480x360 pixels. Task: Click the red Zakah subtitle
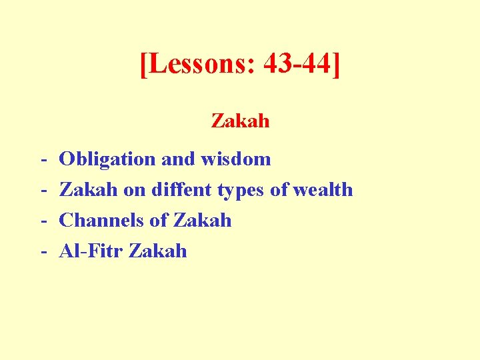(240, 121)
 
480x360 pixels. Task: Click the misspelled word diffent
(182, 189)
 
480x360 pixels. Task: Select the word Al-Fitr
(91, 251)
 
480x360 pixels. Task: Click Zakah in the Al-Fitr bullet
(158, 251)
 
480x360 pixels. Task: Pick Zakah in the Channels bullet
(202, 220)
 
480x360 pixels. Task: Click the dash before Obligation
(43, 160)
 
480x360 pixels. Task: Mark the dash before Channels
(43, 221)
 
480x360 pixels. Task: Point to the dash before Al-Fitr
(43, 252)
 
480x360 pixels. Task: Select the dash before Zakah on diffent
(43, 191)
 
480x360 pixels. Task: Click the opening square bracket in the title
(144, 65)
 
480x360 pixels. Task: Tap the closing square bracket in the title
(335, 65)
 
